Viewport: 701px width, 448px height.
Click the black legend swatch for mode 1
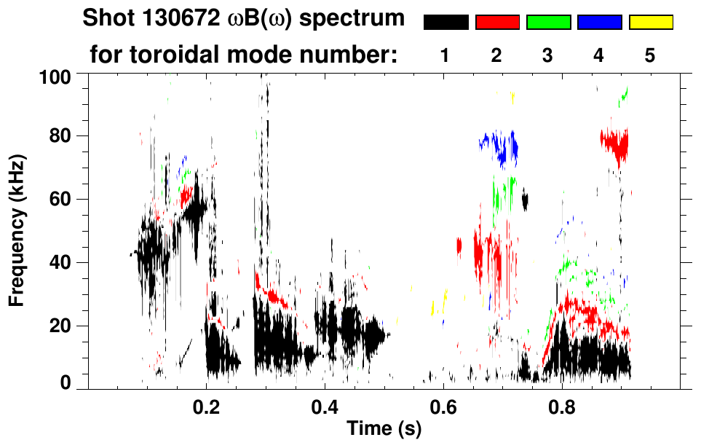[x=445, y=23]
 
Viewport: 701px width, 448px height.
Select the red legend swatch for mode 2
[x=497, y=23]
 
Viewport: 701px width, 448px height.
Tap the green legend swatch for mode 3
[x=548, y=23]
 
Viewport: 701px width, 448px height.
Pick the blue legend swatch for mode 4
[x=599, y=23]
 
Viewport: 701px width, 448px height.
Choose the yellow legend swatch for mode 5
[x=650, y=23]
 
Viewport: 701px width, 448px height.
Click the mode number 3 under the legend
[x=548, y=56]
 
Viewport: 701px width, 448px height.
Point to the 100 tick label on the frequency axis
[x=56, y=76]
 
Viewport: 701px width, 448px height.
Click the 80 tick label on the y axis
[x=60, y=136]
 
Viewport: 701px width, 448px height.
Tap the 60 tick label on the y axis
[x=60, y=200]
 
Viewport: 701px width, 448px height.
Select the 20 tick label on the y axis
[x=60, y=326]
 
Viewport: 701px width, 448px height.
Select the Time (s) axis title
[x=383, y=430]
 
